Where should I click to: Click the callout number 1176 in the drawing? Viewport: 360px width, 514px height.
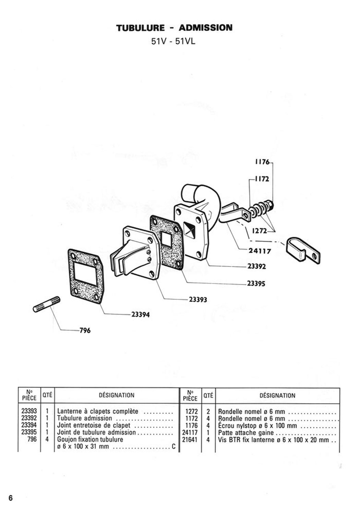click(x=262, y=162)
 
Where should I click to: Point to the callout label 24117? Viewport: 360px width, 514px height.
click(x=260, y=251)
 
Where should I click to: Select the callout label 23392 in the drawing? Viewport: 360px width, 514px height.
click(x=257, y=266)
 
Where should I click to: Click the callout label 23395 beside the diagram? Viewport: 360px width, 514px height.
click(x=256, y=284)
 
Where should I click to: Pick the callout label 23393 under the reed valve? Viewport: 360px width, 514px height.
click(x=198, y=299)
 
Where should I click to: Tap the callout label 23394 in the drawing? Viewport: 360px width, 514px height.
click(x=140, y=315)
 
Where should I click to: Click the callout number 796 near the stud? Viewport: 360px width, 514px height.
click(x=85, y=330)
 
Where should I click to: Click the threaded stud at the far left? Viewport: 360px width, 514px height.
click(x=47, y=304)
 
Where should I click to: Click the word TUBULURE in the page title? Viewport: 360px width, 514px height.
click(x=140, y=28)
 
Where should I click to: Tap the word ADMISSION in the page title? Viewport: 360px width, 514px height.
click(x=205, y=28)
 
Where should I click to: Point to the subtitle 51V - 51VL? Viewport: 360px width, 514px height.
click(x=173, y=41)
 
